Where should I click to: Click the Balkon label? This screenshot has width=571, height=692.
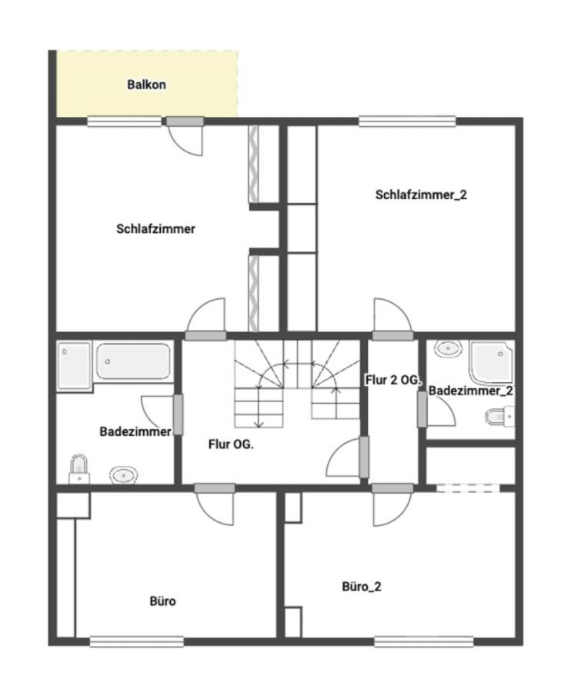coord(146,85)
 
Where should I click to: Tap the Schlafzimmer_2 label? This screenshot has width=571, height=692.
coord(421,195)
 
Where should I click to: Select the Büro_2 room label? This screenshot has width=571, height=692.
coord(361,587)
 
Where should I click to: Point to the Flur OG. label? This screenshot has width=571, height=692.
coord(231,444)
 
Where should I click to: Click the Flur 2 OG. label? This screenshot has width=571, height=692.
coord(392,380)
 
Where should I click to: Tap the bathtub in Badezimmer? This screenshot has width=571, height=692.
coord(133,361)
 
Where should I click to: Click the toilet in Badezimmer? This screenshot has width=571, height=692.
coord(79,470)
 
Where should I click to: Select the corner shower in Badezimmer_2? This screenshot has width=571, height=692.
coord(492,362)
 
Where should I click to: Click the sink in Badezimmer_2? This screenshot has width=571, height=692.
coord(448,348)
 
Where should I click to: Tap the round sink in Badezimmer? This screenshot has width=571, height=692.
coord(123,475)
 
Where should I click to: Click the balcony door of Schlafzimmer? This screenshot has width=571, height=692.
coord(185,136)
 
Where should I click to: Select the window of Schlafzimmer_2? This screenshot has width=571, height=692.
coord(407,121)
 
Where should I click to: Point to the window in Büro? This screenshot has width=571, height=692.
coord(136,641)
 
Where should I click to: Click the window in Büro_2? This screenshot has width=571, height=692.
coord(424,641)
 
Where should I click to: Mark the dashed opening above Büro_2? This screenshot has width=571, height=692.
coord(468,488)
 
